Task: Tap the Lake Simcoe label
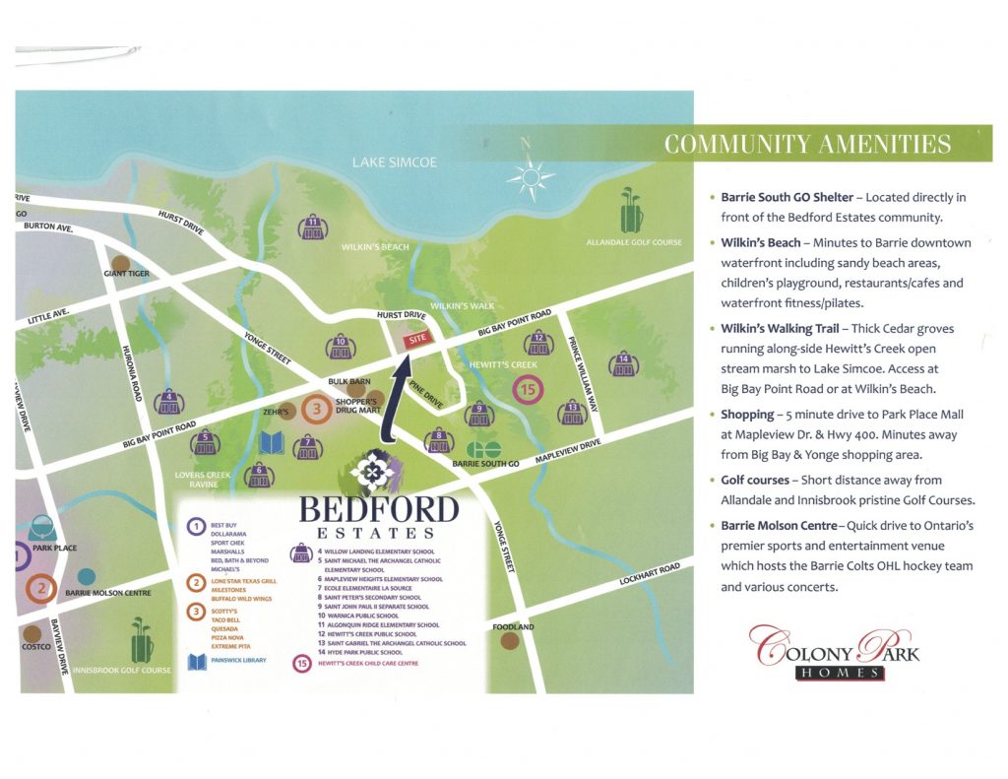[394, 162]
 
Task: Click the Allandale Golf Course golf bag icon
[631, 212]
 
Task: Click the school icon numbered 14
[623, 364]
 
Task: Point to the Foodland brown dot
[510, 641]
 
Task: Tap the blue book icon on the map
[271, 443]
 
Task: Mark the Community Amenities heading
[807, 145]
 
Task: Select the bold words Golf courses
[755, 480]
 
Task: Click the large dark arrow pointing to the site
[399, 399]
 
